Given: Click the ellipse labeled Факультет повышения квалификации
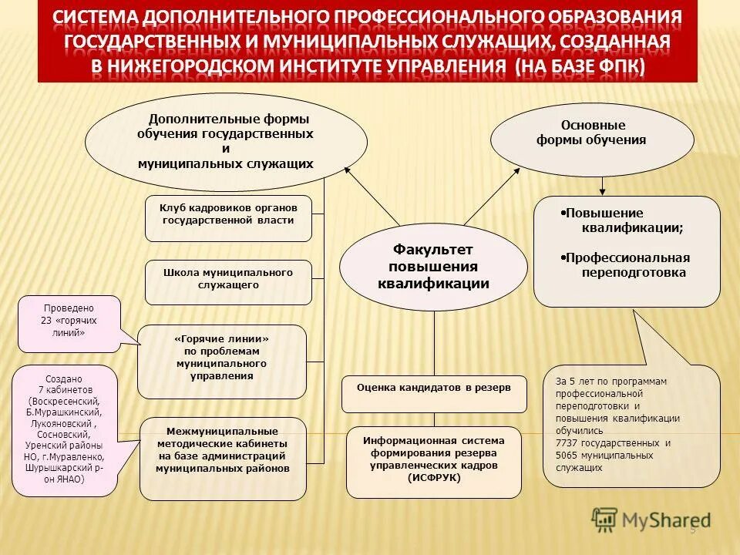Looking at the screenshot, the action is [x=433, y=267].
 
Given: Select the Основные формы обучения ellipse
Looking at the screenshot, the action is [x=591, y=139].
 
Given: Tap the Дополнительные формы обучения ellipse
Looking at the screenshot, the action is [x=226, y=142].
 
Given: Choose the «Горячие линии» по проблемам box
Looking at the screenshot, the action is [x=222, y=360].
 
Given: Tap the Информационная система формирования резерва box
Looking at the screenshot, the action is [x=434, y=461].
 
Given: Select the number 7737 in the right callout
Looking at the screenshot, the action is [x=567, y=444].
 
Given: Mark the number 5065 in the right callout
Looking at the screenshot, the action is [x=567, y=456].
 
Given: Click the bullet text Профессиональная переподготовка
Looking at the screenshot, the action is [x=626, y=264].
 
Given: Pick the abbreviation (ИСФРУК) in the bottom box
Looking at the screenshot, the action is [x=434, y=478].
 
